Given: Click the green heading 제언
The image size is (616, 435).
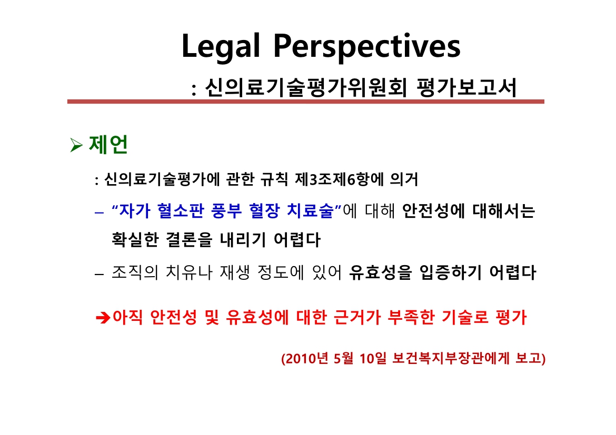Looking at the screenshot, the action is tap(108, 145).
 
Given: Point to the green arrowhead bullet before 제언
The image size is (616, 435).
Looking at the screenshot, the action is tap(76, 145).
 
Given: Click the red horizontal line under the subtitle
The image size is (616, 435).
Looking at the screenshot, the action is tap(306, 102).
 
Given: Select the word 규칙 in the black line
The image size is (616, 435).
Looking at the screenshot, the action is tap(274, 179).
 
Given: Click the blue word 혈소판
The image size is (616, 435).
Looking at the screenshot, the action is tap(181, 211).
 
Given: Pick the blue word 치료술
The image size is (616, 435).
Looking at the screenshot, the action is tap(310, 211).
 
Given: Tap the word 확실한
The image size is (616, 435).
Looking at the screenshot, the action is tap(135, 239).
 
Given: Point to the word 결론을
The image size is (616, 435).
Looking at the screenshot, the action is tap(189, 239).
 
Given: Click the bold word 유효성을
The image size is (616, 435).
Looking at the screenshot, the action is tap(381, 272).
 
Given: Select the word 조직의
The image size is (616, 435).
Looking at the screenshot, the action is tap(135, 272).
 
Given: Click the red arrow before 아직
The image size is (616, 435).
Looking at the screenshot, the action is tap(103, 317).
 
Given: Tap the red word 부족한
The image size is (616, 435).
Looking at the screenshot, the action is tap(411, 317).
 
